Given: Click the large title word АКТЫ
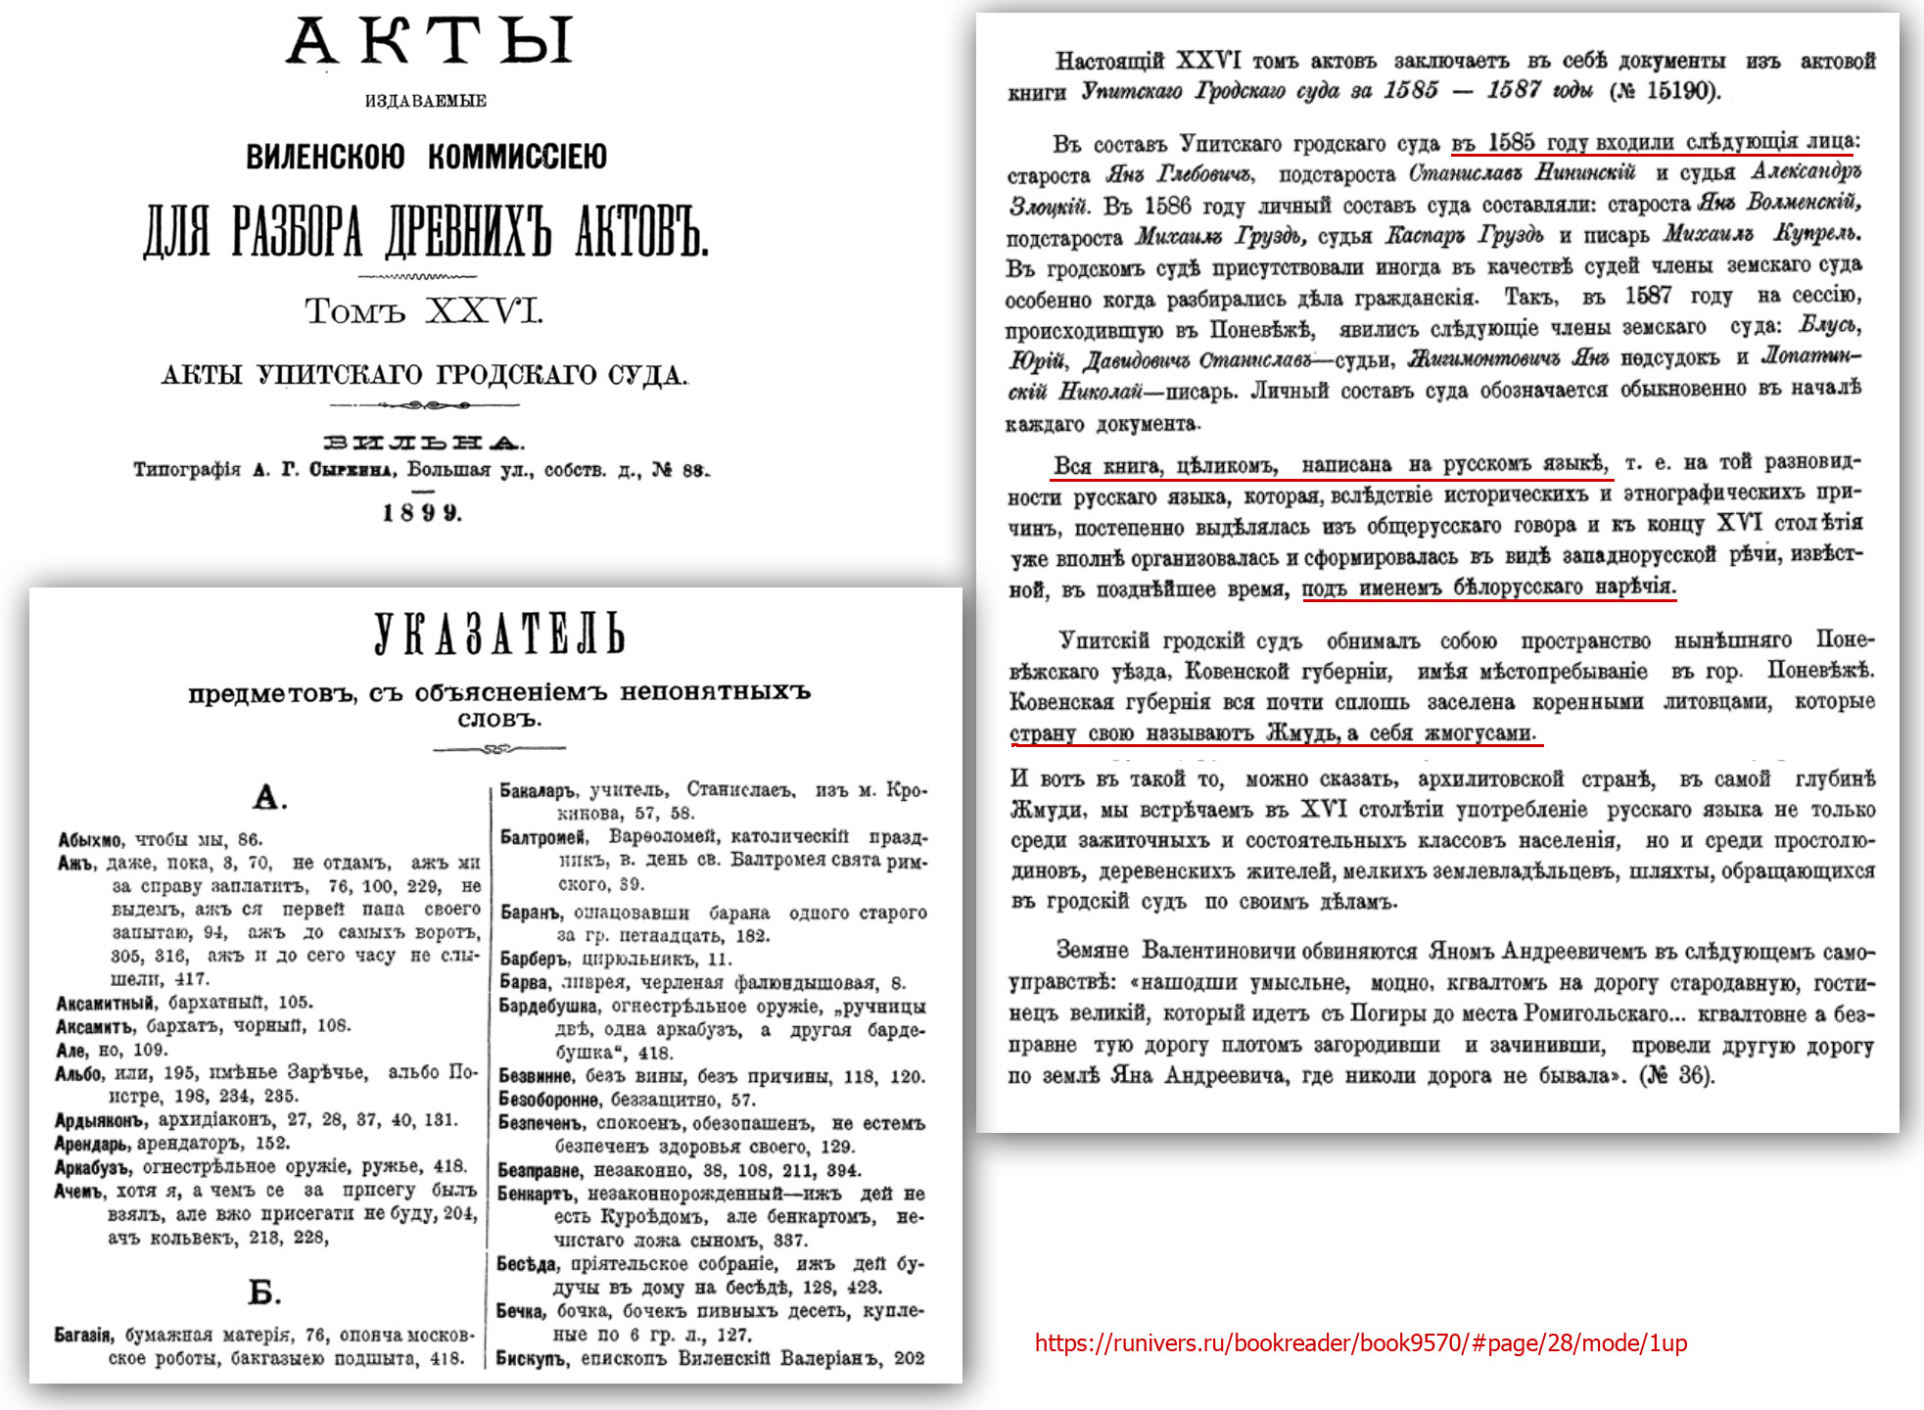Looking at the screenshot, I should tap(429, 43).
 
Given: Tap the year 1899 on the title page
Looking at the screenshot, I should tap(421, 513).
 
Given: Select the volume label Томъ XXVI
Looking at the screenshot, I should tap(423, 311).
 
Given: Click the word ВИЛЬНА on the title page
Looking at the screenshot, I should tap(423, 444).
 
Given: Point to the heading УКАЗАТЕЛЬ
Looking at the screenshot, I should tap(498, 635).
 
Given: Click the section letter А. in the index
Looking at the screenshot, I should tap(269, 798).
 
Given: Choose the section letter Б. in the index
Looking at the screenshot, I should tap(264, 1292).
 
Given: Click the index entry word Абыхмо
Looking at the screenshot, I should tap(90, 840).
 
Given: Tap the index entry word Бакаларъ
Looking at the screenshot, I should tap(538, 790).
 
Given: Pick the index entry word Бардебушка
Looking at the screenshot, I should tap(547, 1007).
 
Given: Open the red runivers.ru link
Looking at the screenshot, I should tap(1361, 1343).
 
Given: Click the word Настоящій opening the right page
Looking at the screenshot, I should tap(1109, 62).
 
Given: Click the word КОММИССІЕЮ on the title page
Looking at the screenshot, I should tap(517, 157).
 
